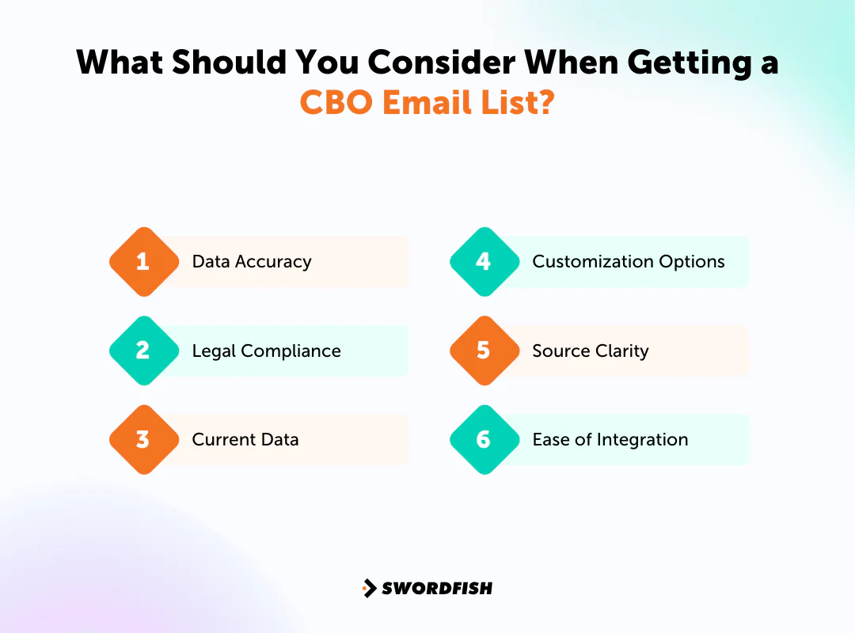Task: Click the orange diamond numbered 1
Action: point(143,262)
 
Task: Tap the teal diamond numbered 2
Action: point(143,351)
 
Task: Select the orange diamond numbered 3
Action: point(143,440)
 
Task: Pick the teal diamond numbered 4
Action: point(484,262)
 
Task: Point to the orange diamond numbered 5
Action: point(484,351)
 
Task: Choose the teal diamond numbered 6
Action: point(484,440)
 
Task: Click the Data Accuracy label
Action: point(252,262)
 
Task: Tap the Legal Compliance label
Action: point(266,351)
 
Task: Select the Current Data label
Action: point(245,440)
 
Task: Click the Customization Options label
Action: point(629,262)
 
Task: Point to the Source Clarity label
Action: point(591,351)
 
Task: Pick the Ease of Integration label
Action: point(610,440)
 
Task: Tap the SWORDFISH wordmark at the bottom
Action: point(437,588)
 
